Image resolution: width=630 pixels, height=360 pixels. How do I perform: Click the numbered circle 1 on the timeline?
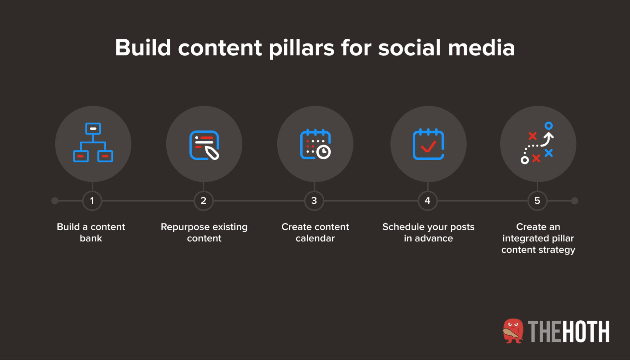tap(92, 201)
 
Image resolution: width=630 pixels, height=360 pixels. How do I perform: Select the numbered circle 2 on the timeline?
tap(204, 201)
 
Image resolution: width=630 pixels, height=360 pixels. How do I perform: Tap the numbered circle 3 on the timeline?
tap(314, 201)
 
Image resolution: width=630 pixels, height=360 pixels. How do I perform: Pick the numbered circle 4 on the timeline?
tap(428, 201)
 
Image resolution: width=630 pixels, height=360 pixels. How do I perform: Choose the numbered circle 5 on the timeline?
tap(537, 201)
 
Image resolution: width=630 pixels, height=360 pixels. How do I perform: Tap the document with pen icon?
tap(204, 145)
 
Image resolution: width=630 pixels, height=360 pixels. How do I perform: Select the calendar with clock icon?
tap(315, 144)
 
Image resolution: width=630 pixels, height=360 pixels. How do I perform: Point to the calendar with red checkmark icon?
tap(428, 144)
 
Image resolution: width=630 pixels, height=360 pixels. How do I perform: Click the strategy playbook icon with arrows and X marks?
tap(537, 143)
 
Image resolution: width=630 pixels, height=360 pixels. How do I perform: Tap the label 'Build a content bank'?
tap(91, 232)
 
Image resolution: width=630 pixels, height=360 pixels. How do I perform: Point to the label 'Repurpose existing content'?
tap(204, 232)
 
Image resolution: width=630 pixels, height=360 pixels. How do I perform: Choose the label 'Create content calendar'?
tap(315, 232)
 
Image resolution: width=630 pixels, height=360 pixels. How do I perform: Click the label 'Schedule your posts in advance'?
tap(428, 232)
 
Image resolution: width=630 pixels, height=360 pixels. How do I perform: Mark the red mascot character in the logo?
tap(513, 331)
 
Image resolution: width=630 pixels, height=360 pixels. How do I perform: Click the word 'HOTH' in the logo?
tap(586, 332)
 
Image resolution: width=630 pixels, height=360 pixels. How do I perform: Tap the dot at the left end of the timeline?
tap(55, 201)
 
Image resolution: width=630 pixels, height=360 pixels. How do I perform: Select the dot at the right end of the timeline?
tap(575, 201)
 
